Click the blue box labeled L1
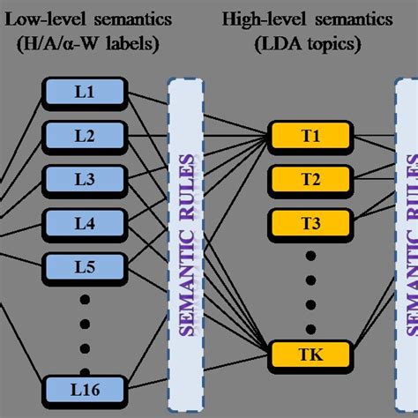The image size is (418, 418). point(83,92)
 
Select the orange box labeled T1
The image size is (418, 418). point(310,137)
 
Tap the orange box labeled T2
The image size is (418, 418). point(310,180)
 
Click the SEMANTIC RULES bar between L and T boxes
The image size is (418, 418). point(186,238)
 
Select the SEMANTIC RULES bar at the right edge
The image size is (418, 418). point(408,238)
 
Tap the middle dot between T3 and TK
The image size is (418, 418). point(310,285)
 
